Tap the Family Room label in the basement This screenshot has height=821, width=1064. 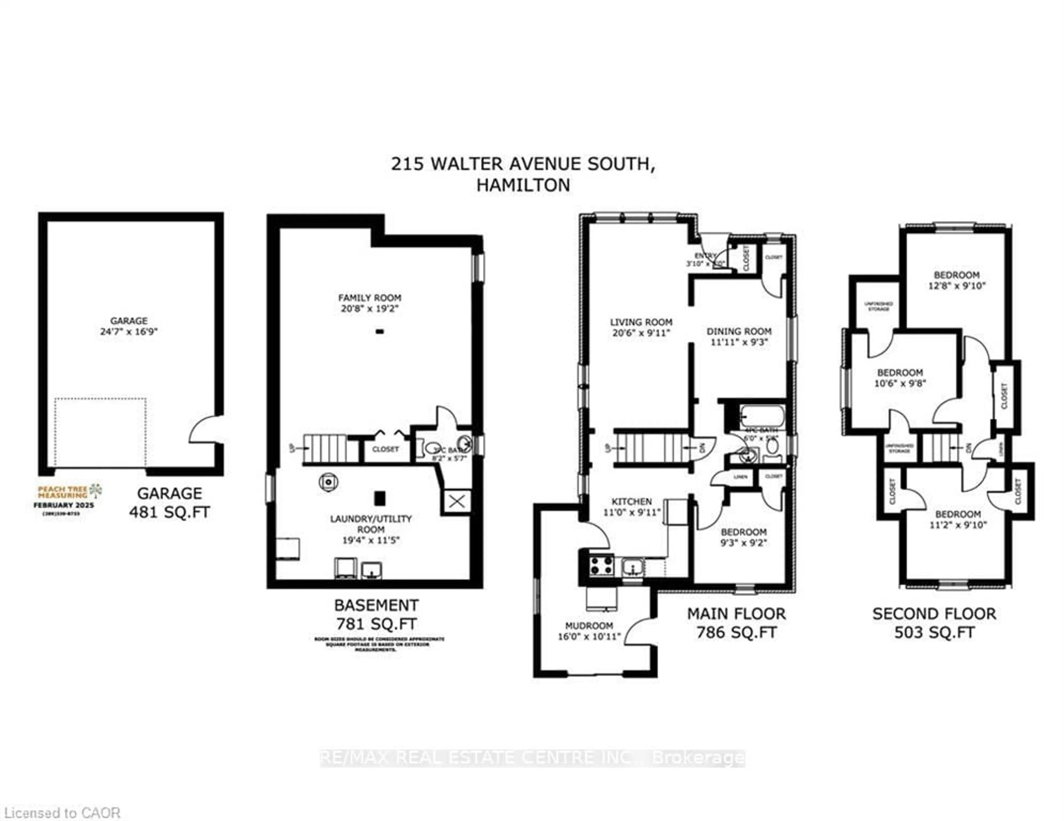(x=370, y=303)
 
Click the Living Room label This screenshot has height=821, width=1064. (x=641, y=327)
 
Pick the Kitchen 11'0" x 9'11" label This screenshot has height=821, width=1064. (x=632, y=506)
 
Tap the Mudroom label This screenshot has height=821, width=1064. (x=589, y=631)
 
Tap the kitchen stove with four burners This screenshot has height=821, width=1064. (x=602, y=566)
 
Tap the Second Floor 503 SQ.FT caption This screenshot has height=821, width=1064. (x=934, y=623)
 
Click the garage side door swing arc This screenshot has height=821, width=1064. (x=204, y=430)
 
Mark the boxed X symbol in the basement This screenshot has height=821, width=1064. (x=456, y=502)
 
